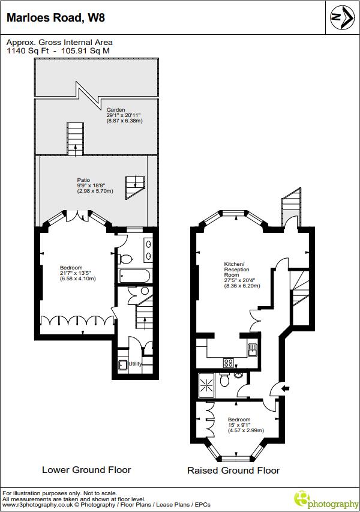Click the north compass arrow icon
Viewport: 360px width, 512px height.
[342, 18]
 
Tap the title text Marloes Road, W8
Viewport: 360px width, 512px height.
[56, 18]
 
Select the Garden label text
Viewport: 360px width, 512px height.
[116, 110]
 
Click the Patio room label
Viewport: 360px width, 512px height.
[83, 179]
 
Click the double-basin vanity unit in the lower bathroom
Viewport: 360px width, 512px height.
[148, 248]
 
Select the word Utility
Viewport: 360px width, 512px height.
[135, 364]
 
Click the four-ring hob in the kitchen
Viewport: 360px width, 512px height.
[229, 362]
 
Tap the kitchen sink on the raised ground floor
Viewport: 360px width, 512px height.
[252, 349]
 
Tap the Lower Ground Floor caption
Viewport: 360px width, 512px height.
[86, 469]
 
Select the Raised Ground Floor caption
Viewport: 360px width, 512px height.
[233, 470]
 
